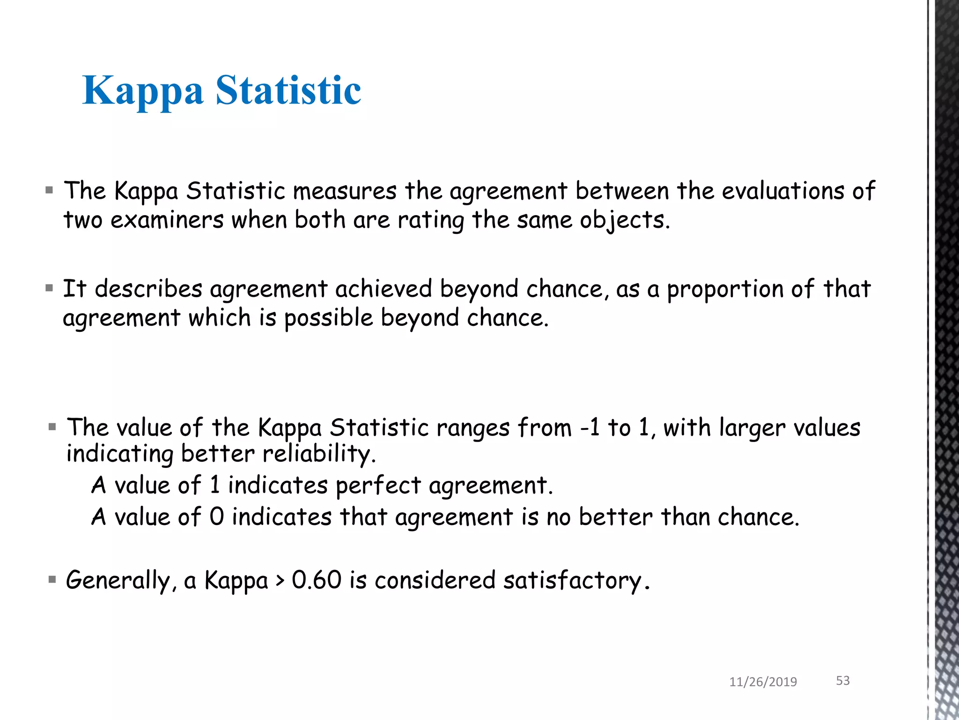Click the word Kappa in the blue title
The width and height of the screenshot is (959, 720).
(143, 91)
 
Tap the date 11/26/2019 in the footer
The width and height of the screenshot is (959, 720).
(763, 682)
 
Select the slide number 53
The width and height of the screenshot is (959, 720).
(842, 681)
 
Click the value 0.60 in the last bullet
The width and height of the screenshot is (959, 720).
(317, 580)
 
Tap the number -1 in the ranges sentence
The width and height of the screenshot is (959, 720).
(590, 427)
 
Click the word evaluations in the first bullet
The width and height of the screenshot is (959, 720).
(783, 191)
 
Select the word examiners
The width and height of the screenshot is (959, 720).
(167, 220)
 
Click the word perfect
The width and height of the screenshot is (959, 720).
(378, 486)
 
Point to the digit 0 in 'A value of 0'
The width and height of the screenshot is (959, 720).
(216, 517)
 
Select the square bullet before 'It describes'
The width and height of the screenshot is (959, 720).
(50, 288)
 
